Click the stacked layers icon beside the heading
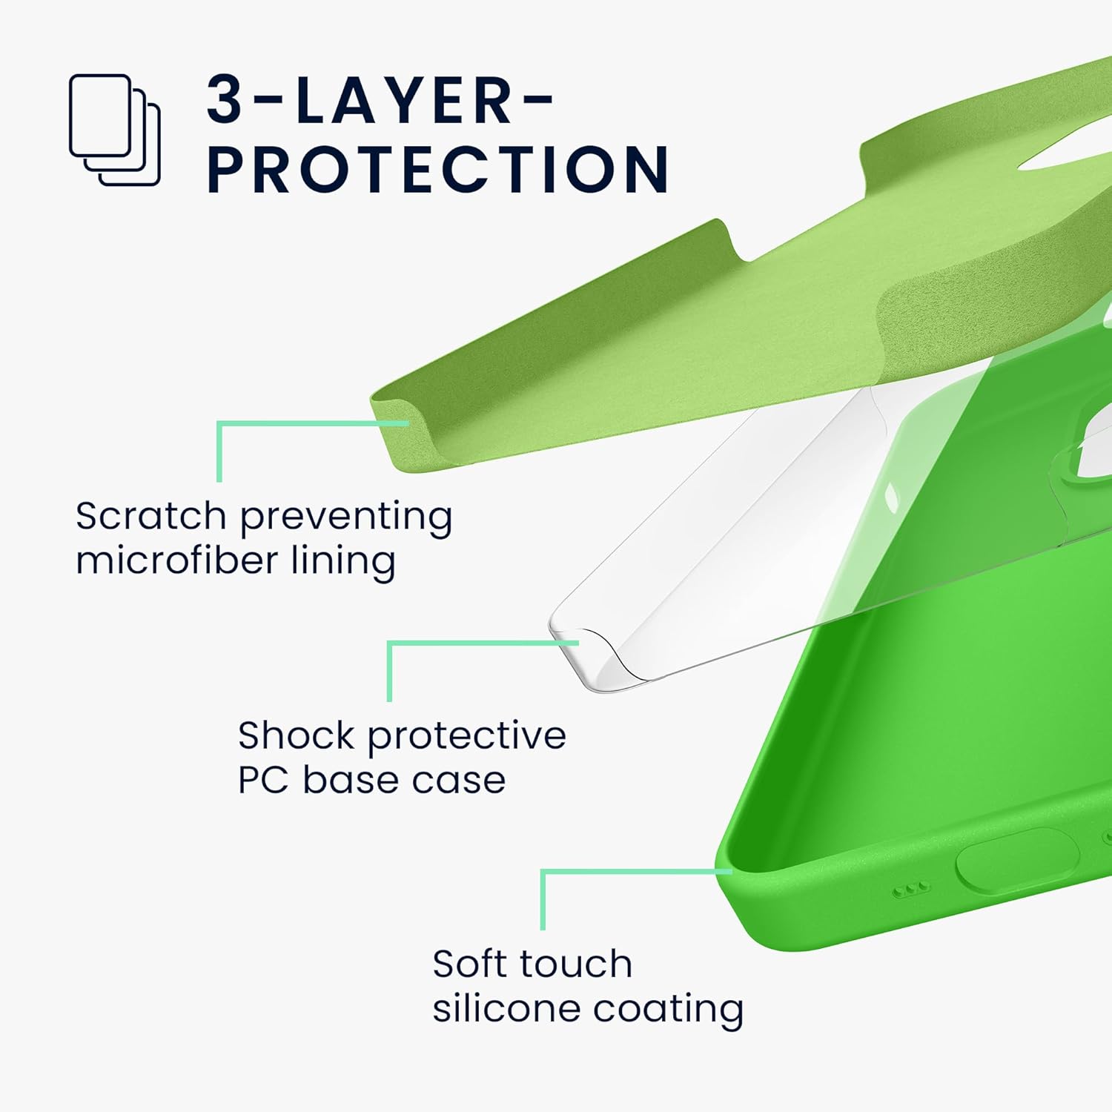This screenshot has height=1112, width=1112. [114, 130]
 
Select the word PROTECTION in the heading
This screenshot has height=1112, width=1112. [438, 170]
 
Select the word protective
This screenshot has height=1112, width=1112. [467, 737]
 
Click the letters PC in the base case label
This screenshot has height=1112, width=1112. [263, 781]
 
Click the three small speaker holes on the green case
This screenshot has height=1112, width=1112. [910, 889]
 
